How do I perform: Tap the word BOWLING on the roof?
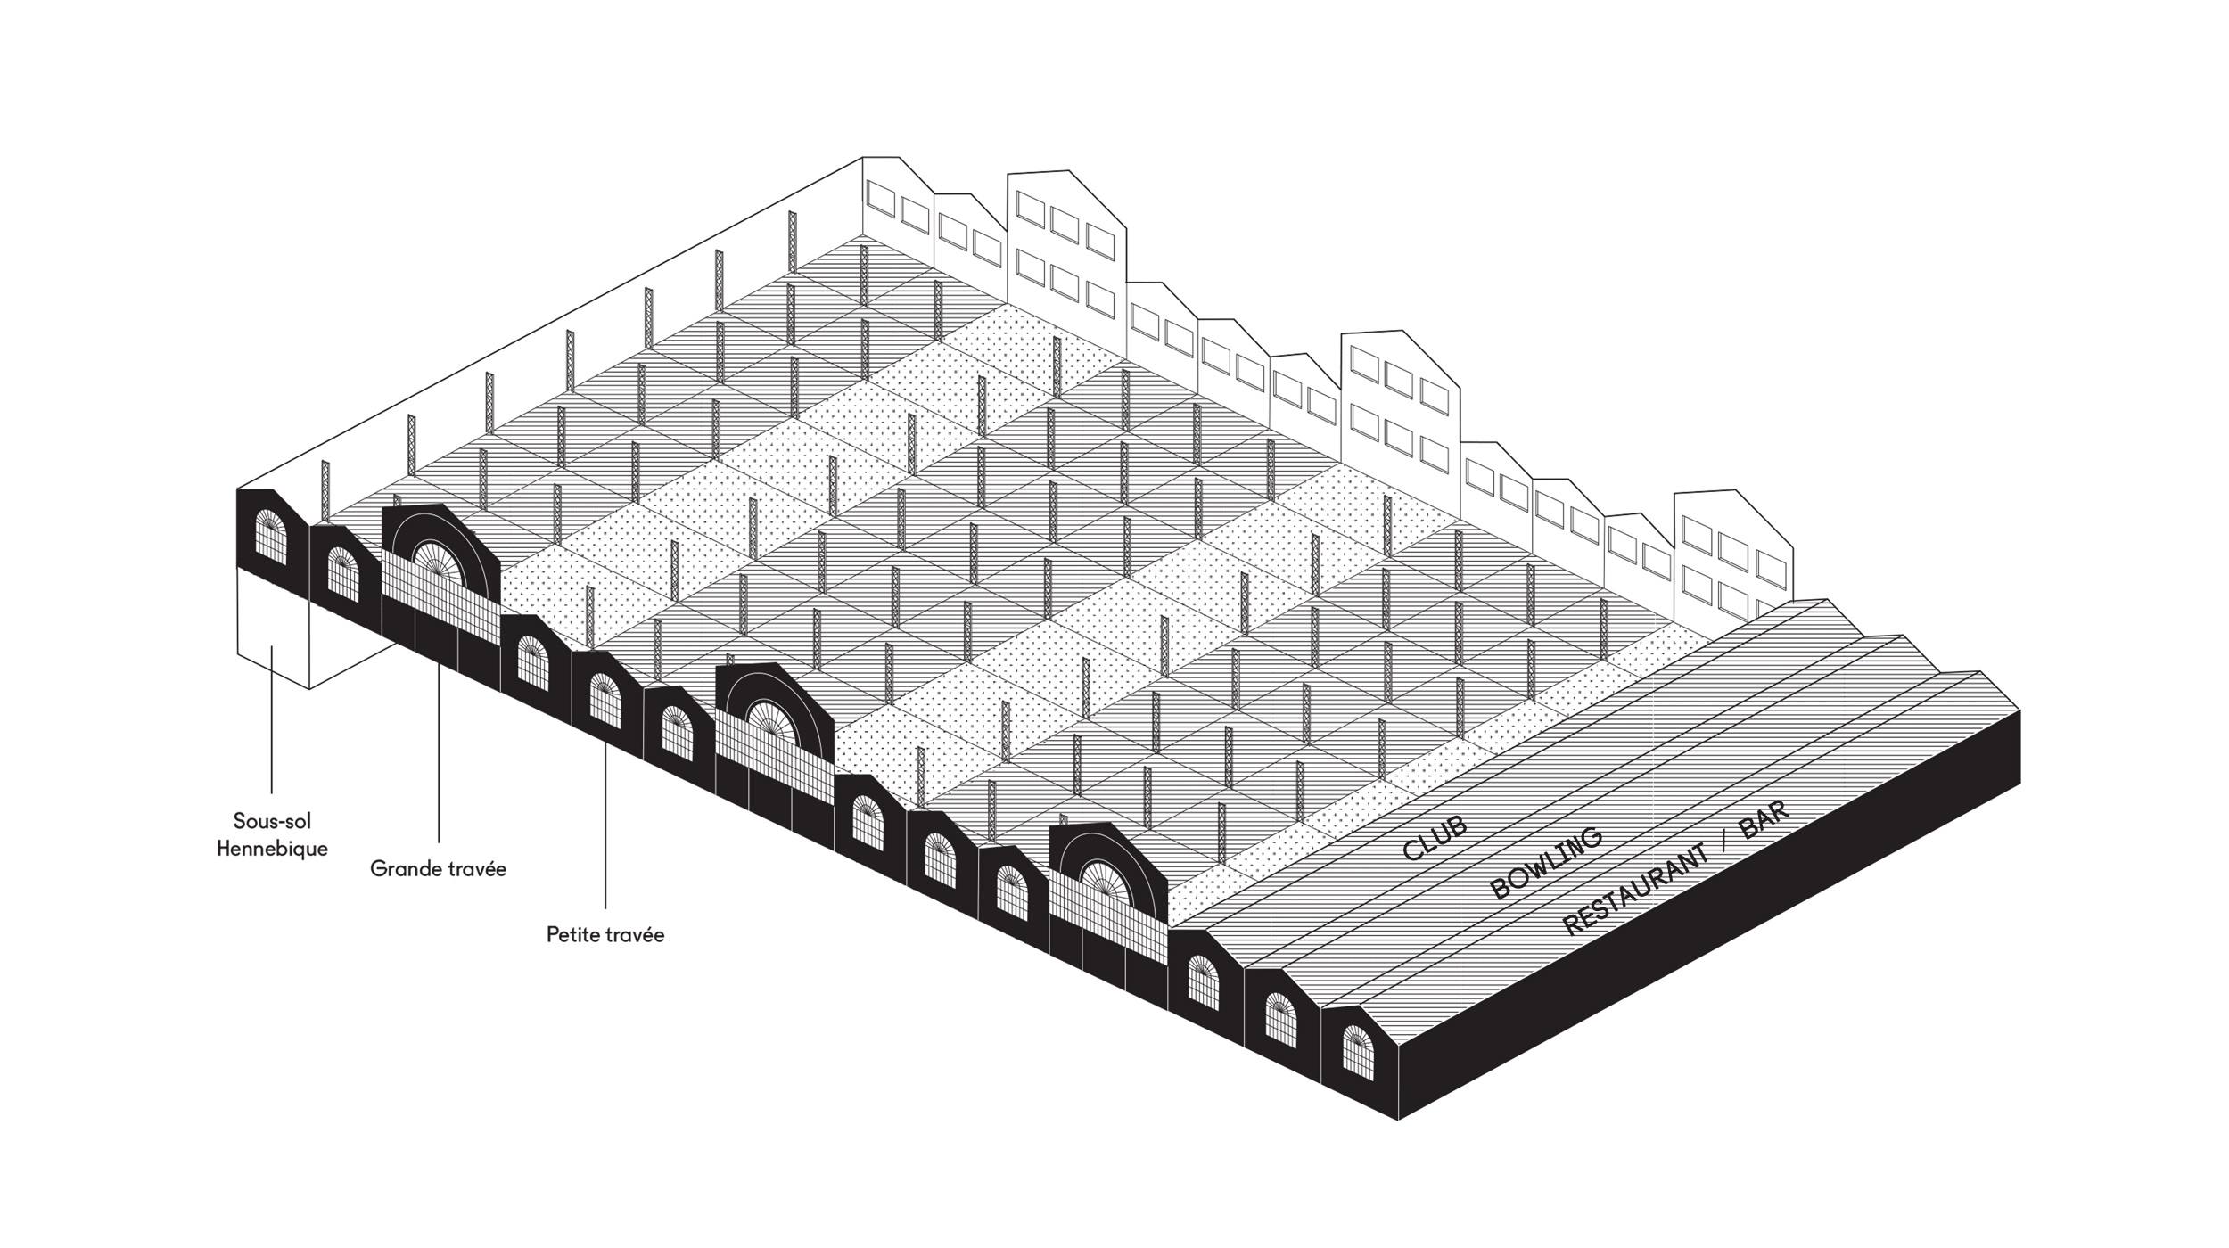tap(1546, 863)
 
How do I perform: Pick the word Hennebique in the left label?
tap(272, 849)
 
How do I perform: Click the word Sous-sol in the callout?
tap(272, 821)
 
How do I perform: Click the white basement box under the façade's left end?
tap(272, 628)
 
